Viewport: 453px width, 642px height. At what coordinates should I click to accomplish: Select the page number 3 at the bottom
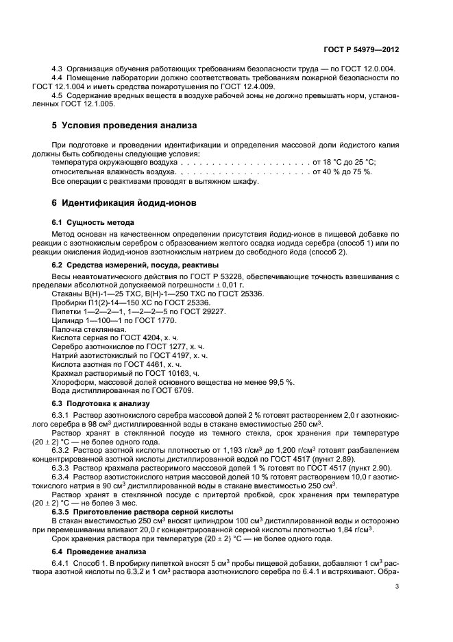pyautogui.click(x=397, y=586)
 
